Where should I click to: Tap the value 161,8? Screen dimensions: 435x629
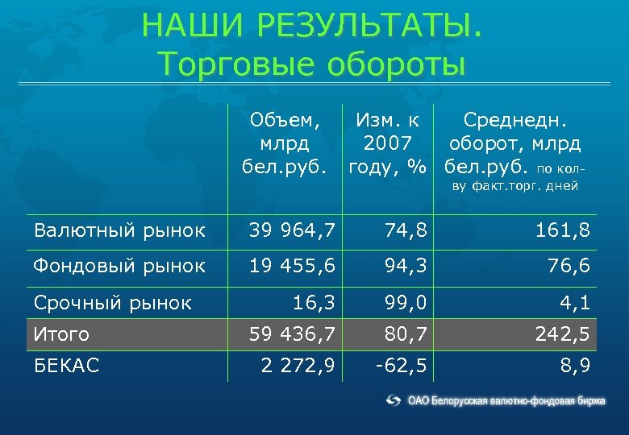click(562, 231)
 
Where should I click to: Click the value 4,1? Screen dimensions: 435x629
click(575, 303)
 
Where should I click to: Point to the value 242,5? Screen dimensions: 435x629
click(562, 333)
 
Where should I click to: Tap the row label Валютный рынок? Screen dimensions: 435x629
click(119, 231)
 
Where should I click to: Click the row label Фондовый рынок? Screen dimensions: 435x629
click(119, 266)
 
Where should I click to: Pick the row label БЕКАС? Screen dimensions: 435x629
click(66, 366)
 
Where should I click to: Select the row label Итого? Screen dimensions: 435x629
click(62, 333)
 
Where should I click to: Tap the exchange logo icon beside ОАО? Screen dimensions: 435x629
click(394, 400)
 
